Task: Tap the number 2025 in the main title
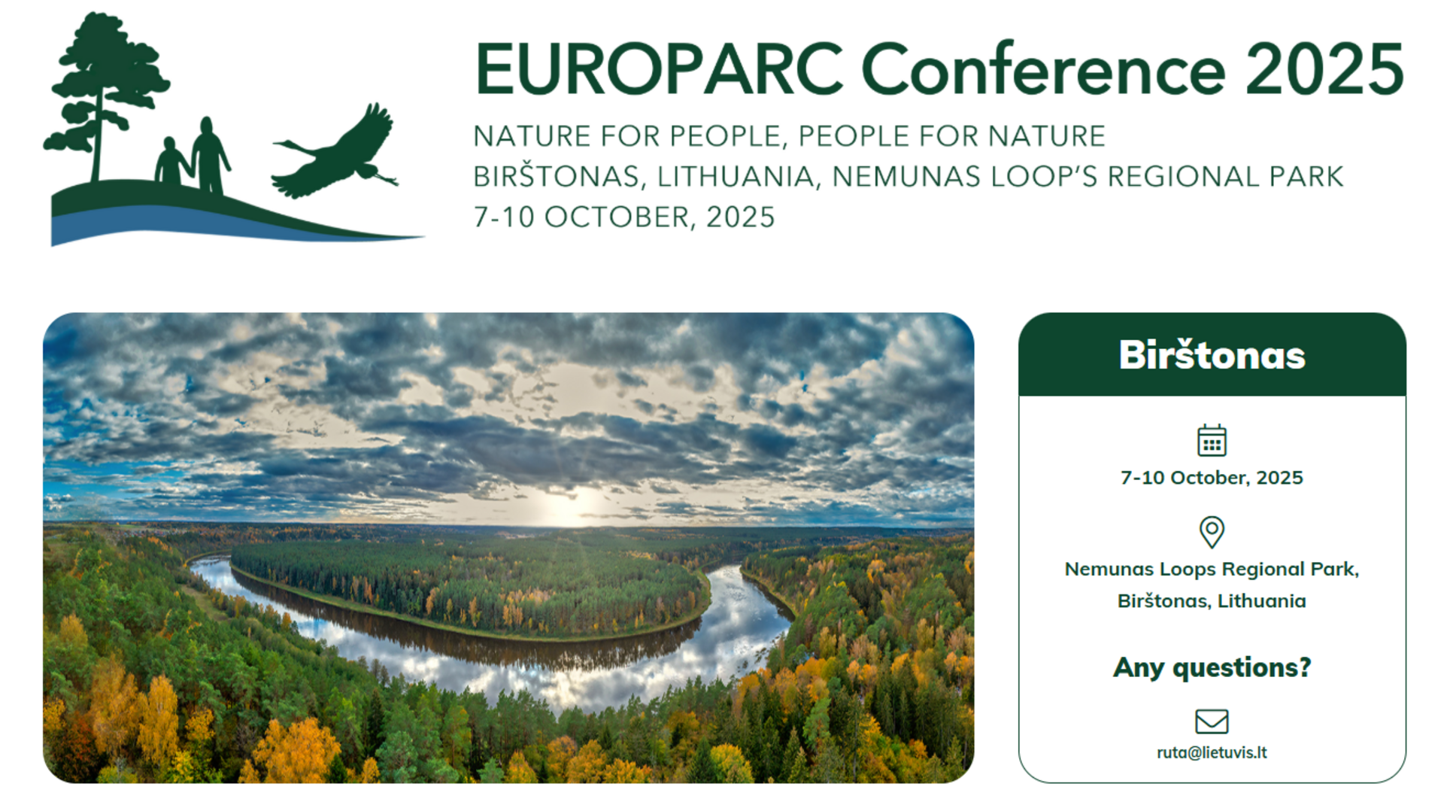tap(1324, 69)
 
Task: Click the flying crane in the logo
tap(335, 153)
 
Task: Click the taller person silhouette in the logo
tap(211, 156)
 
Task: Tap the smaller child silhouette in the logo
tap(171, 161)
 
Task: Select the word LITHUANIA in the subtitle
tap(736, 177)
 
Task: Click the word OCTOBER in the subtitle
tap(617, 217)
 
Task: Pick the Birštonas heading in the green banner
tap(1212, 355)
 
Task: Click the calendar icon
tap(1212, 440)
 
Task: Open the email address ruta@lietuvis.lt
tap(1212, 752)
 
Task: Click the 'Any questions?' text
tap(1212, 667)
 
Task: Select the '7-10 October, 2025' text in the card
tap(1212, 478)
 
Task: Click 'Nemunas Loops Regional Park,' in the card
tap(1212, 570)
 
